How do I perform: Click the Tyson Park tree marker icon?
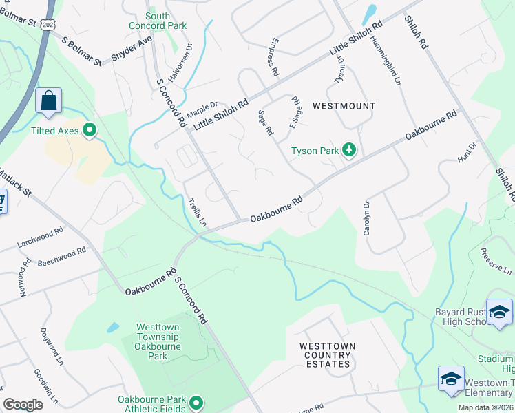coord(350,151)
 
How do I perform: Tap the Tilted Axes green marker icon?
coord(89,129)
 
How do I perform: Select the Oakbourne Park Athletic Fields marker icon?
coord(196,403)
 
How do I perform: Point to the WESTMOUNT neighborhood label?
coord(344,106)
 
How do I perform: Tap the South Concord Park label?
coord(158,21)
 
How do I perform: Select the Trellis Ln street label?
coord(198,211)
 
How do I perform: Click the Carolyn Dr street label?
coord(366,218)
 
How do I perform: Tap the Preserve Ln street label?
coord(497,260)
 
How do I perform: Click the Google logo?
coord(23,405)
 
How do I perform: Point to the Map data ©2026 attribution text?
coord(485,407)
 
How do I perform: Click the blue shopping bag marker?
coord(49,101)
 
